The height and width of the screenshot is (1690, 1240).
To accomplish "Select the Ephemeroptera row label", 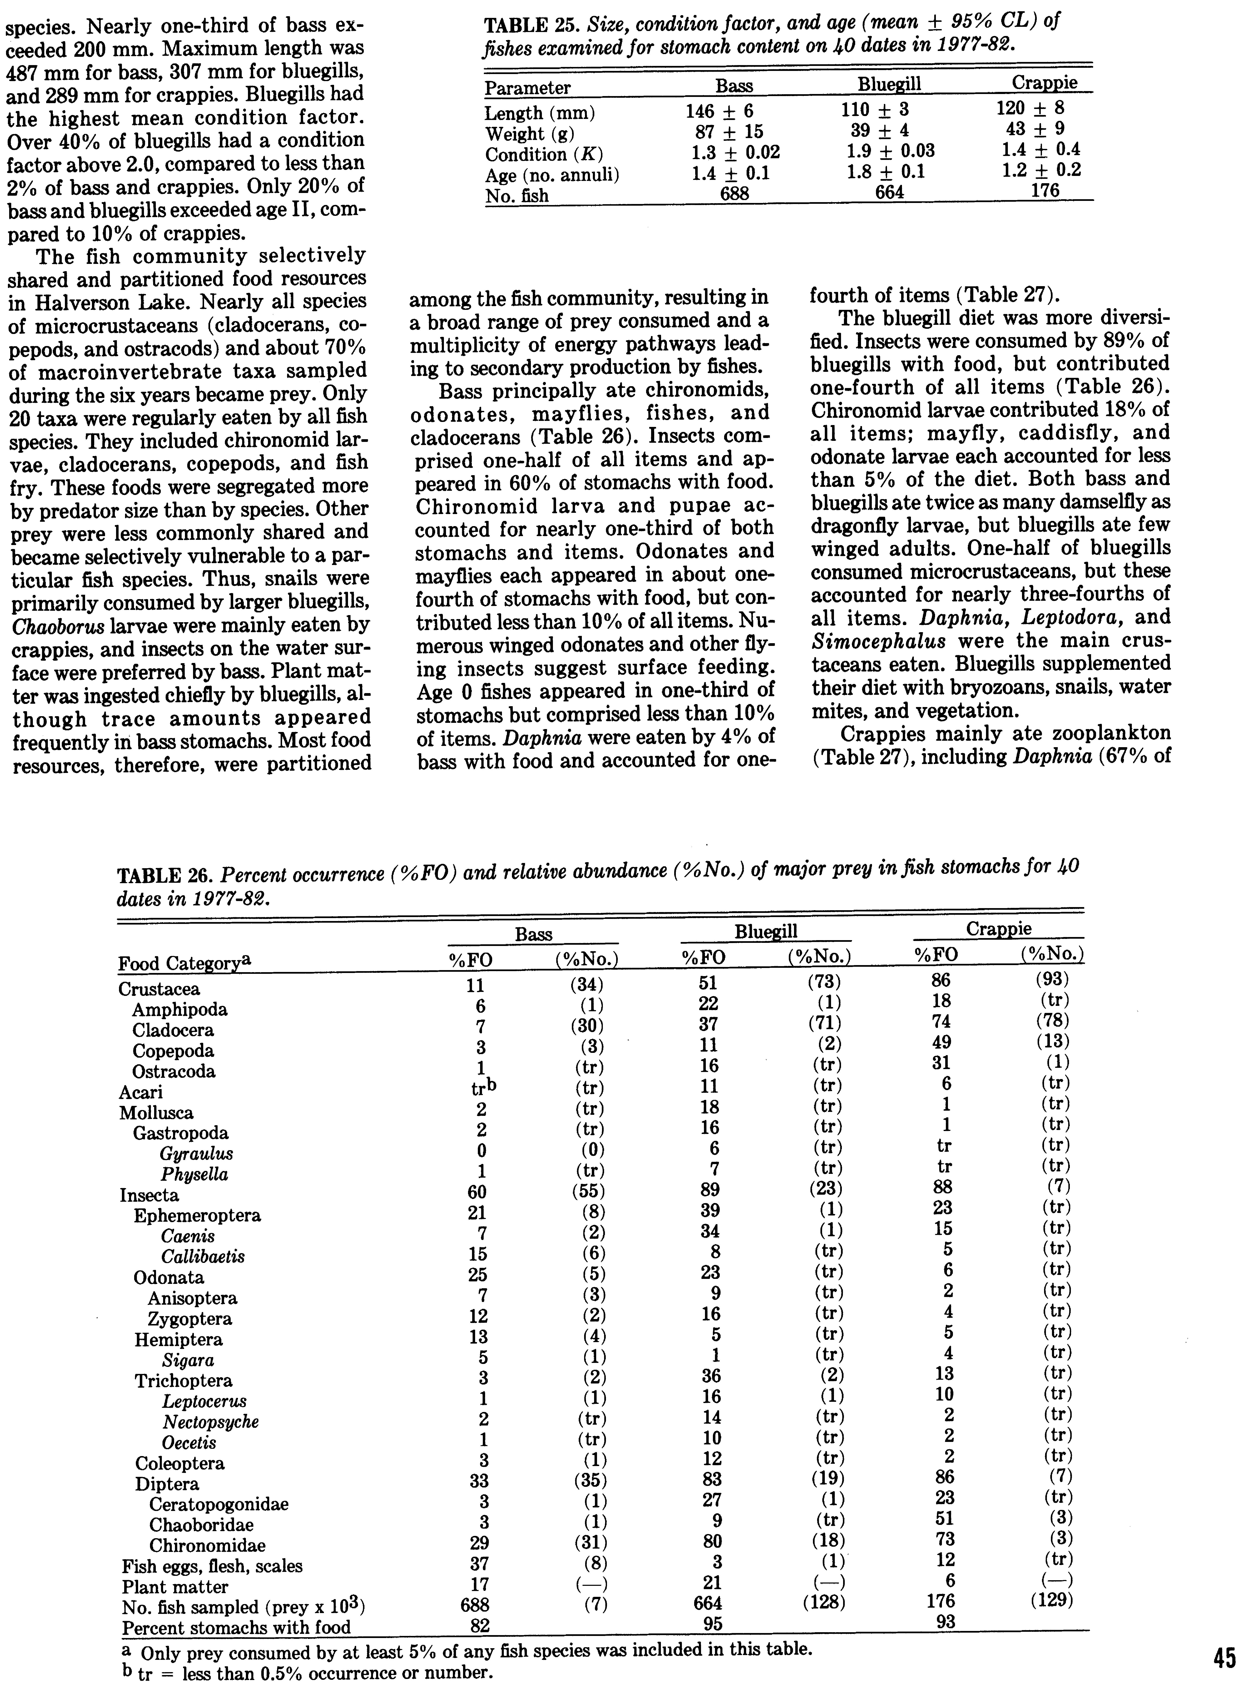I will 197,1215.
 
